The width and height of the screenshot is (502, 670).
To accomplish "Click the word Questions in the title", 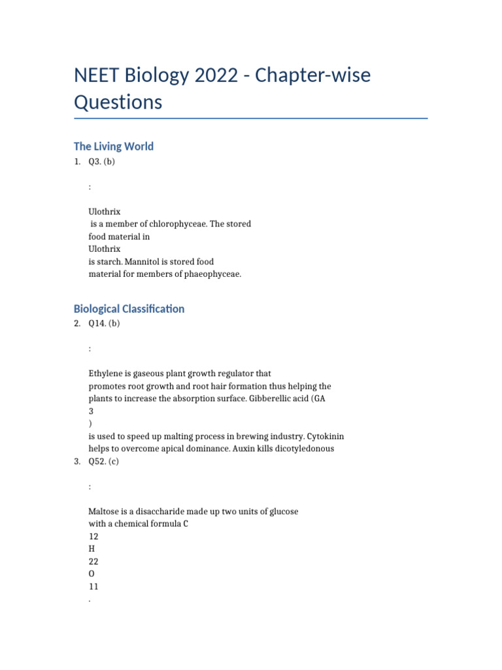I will click(x=118, y=103).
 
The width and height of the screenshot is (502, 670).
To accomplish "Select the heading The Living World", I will click(x=113, y=147).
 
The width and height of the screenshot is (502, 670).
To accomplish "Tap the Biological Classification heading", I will click(x=129, y=309).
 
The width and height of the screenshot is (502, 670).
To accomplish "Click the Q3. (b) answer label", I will click(x=101, y=162).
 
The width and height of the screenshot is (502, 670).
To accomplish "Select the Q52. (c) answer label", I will click(x=104, y=461).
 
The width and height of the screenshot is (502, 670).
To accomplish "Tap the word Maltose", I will click(x=105, y=512).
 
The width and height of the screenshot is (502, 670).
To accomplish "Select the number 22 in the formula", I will click(x=93, y=561).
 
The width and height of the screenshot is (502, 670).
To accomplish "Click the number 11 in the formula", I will click(x=93, y=586).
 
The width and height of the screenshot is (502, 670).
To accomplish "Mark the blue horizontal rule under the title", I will click(x=250, y=118).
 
